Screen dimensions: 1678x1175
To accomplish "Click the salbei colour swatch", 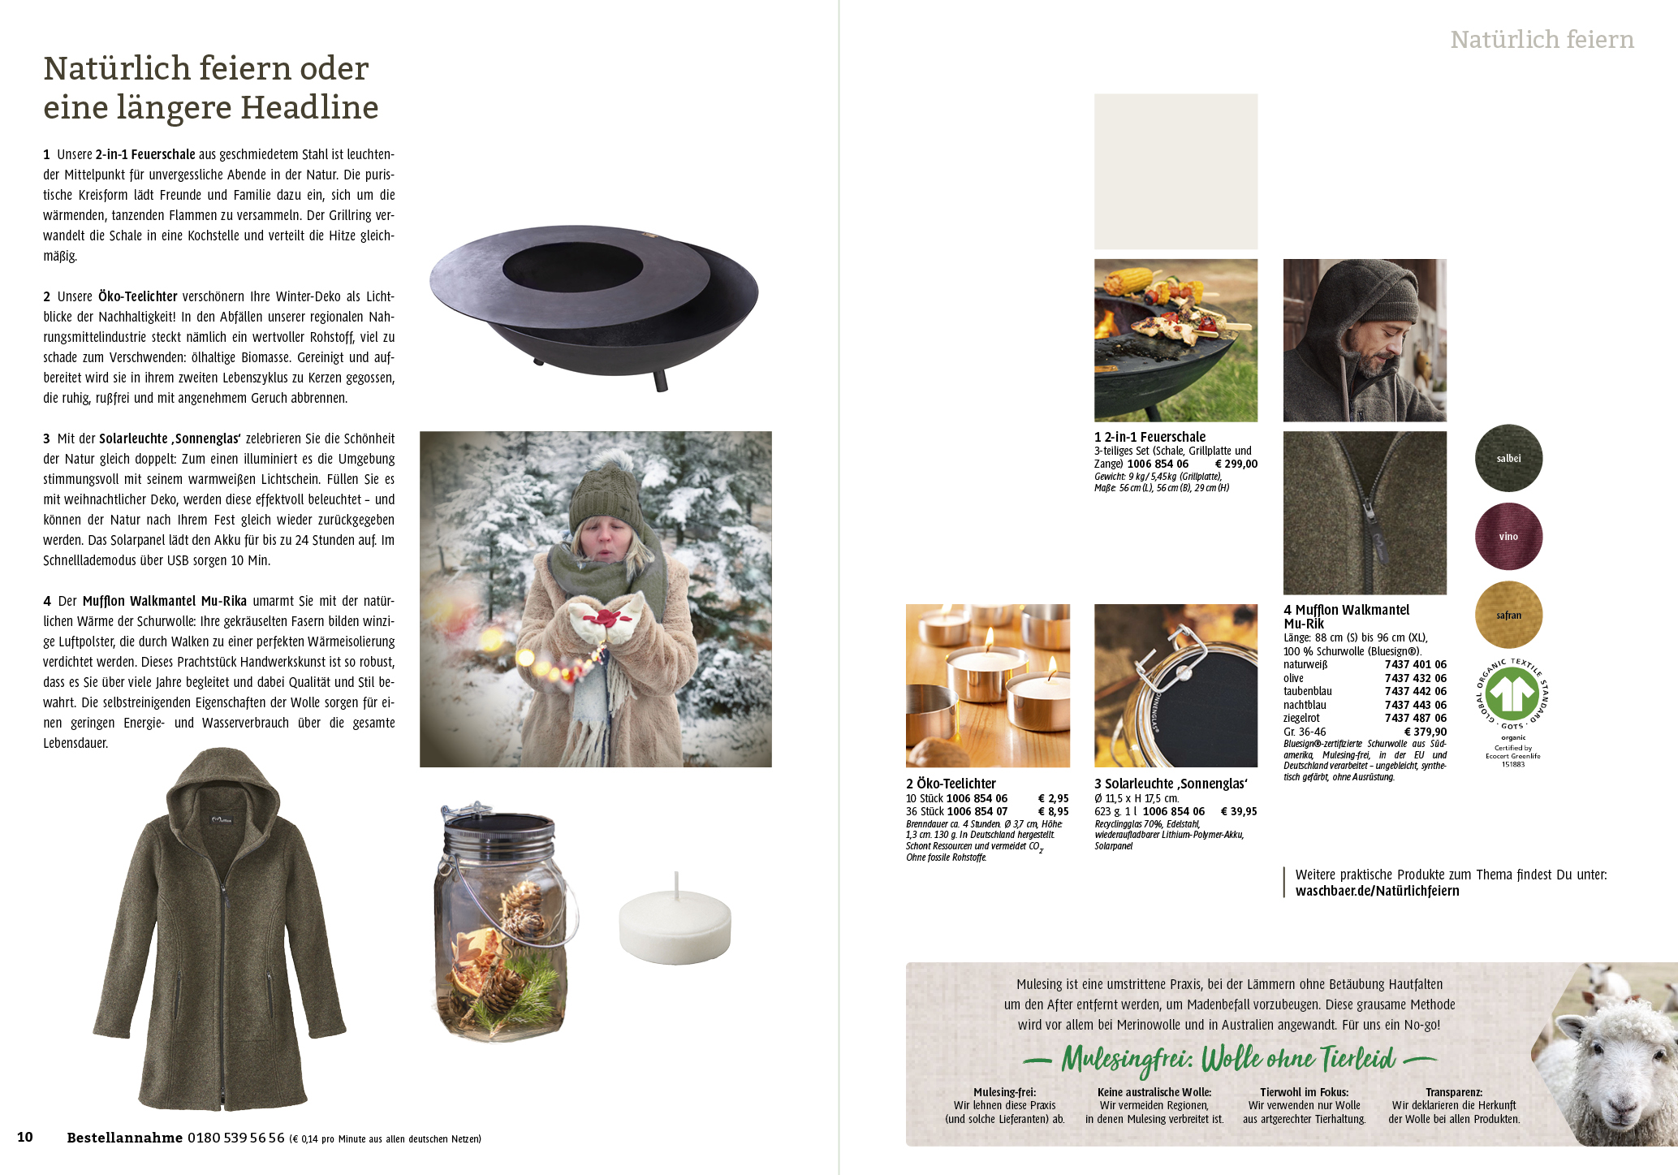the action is click(1508, 458).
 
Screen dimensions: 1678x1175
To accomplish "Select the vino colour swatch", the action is click(1508, 536).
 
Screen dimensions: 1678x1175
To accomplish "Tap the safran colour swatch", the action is click(1508, 615).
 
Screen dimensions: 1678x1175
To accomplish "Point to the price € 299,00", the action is click(1236, 464).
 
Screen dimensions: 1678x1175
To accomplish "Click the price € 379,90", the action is click(1425, 732).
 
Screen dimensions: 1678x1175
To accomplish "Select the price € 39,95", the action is click(1239, 811).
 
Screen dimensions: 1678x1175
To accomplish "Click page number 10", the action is click(25, 1137).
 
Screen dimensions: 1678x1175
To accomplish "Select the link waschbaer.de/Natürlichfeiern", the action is click(1377, 891).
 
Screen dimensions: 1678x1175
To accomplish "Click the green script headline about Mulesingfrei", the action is click(1229, 1059).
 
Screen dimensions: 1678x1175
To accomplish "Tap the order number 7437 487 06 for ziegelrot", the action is click(1415, 718).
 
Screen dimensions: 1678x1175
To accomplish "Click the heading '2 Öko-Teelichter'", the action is click(951, 784).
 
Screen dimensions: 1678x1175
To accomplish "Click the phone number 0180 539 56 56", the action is click(236, 1138).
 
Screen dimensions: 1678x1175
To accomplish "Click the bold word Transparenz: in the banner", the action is click(1454, 1092).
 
